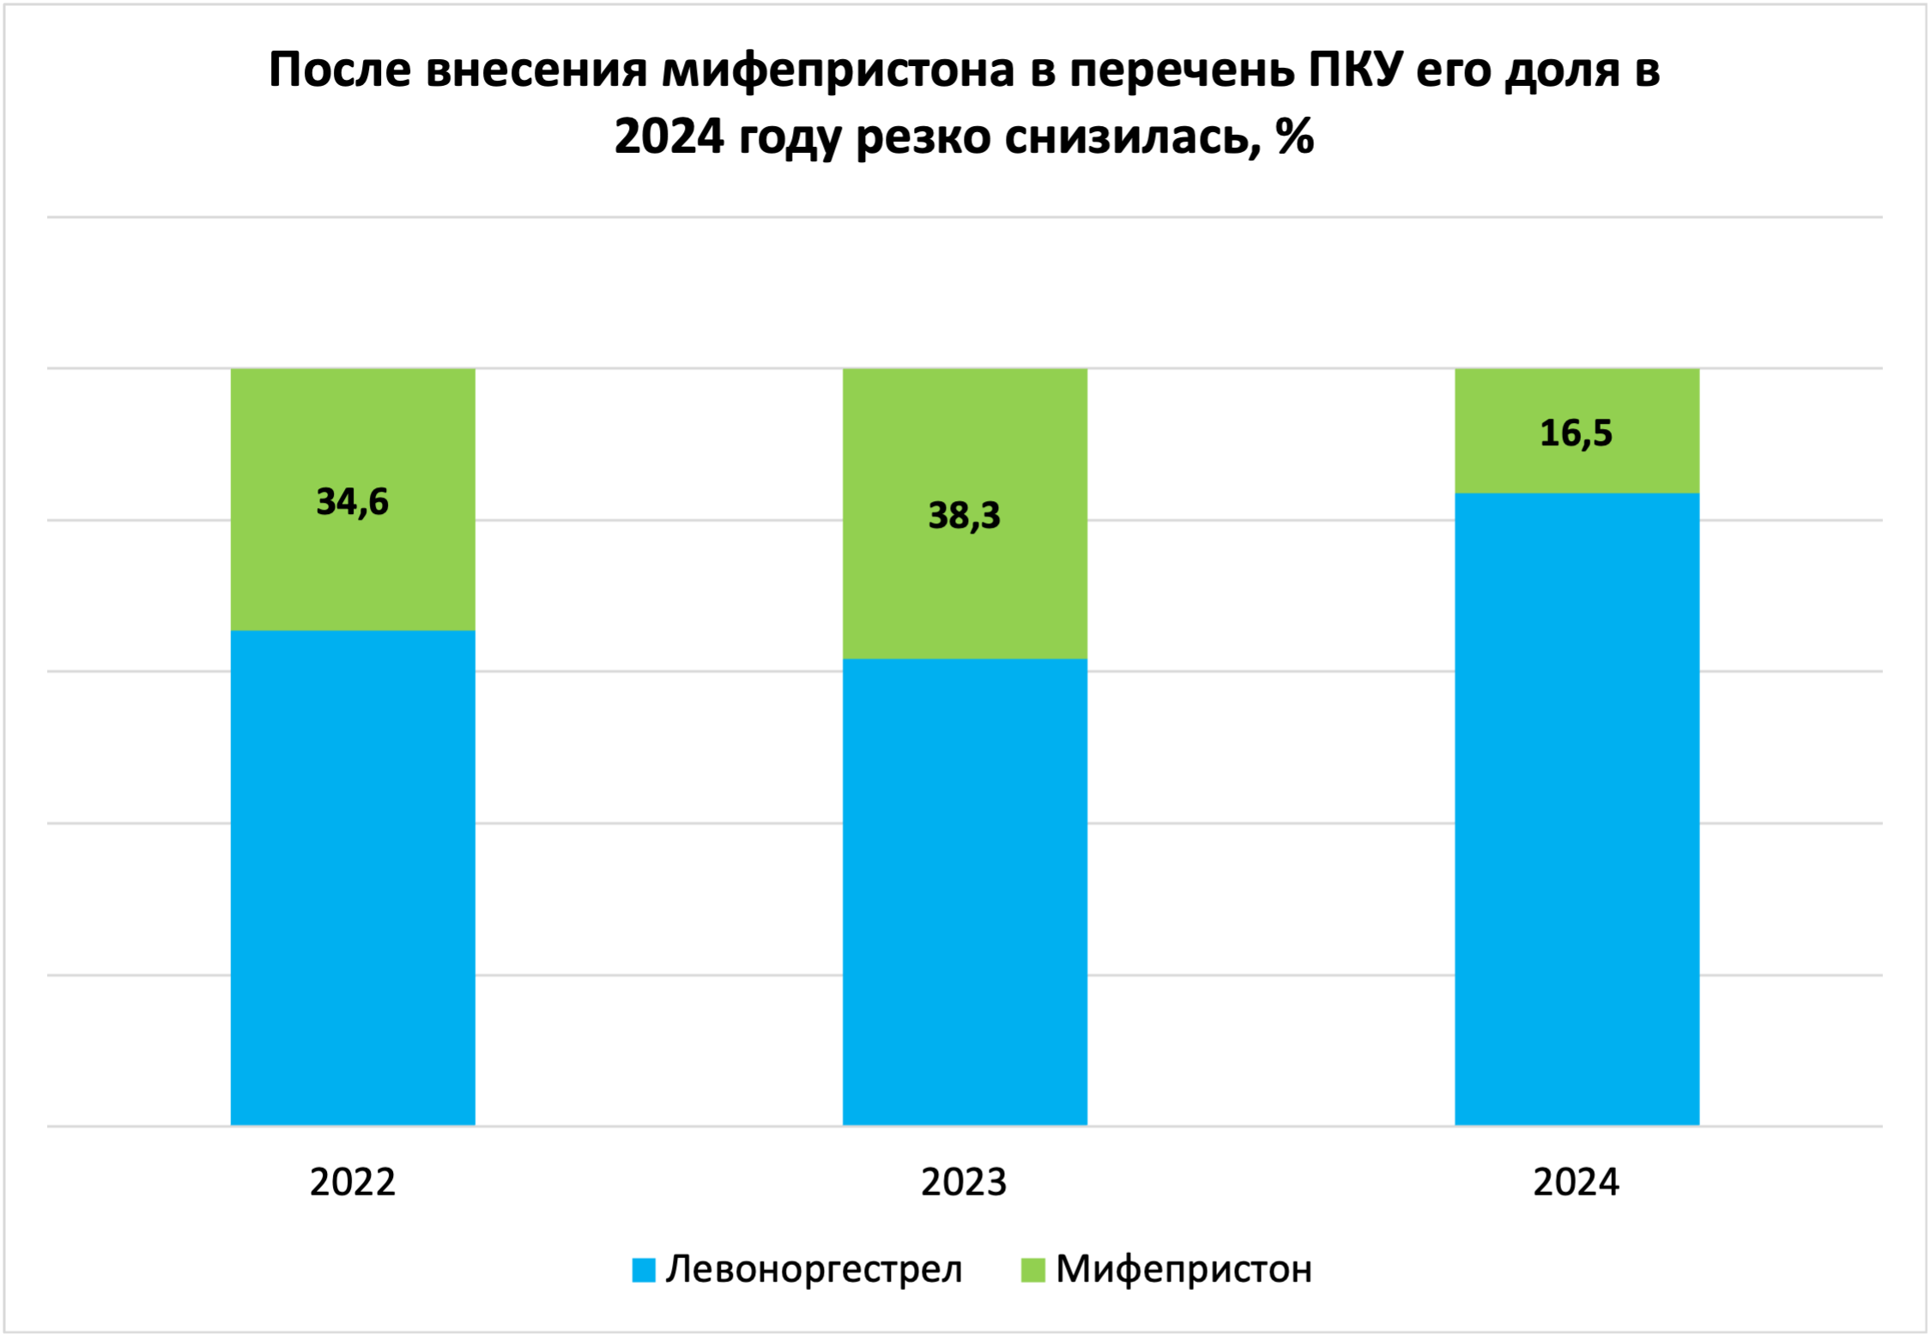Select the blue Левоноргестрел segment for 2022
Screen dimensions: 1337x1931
pos(352,875)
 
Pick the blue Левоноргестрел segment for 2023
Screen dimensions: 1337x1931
pos(965,892)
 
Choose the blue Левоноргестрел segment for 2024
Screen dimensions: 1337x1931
pos(1577,807)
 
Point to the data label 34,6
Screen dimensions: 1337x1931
pos(352,502)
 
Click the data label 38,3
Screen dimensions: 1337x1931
pos(965,516)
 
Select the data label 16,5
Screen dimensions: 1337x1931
pos(1576,433)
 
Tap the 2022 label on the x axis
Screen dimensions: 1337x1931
pos(352,1183)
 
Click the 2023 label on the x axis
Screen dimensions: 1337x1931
pos(964,1183)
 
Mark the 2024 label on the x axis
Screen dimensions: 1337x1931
pos(1576,1183)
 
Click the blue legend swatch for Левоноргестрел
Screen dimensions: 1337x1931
pos(644,1270)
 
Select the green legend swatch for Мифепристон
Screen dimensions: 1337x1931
pos(1033,1270)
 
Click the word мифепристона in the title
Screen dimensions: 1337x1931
pos(838,70)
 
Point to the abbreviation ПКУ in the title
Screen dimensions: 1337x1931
pos(1354,70)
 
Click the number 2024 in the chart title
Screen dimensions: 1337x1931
pos(669,137)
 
